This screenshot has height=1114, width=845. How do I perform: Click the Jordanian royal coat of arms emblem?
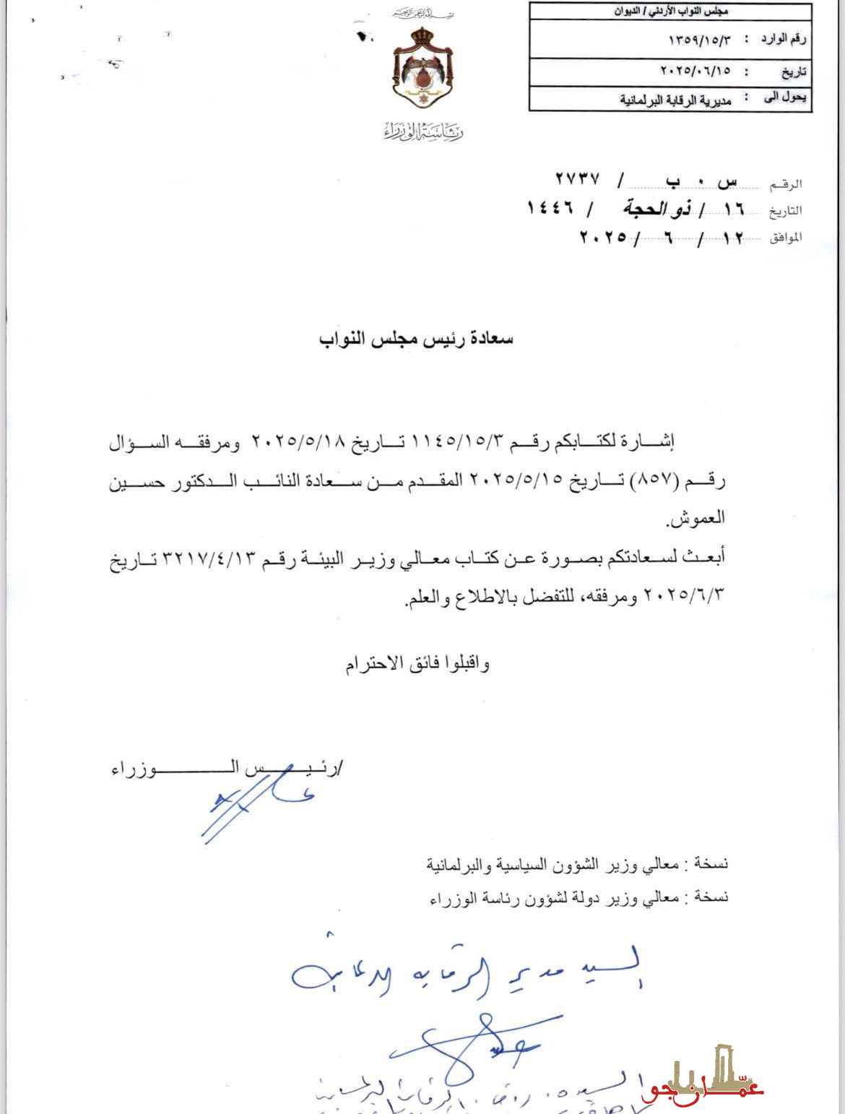(x=422, y=69)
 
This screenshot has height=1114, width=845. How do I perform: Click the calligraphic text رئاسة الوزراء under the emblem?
(x=423, y=131)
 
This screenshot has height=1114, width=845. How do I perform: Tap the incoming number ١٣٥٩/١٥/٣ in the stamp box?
(x=698, y=40)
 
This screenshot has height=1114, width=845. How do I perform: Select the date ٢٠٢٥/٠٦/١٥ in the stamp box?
(x=695, y=72)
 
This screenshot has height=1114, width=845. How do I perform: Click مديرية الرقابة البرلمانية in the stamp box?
(x=675, y=100)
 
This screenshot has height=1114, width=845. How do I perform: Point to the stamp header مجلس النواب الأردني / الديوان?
(x=671, y=12)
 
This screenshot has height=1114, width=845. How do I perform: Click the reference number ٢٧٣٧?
(x=577, y=179)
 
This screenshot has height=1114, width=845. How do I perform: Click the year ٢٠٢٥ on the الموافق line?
(x=604, y=237)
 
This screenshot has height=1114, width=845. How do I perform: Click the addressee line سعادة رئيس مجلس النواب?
(x=416, y=338)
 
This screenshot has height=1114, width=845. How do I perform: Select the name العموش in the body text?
(x=695, y=519)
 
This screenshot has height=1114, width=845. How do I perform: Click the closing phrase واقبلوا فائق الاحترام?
(x=417, y=663)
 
